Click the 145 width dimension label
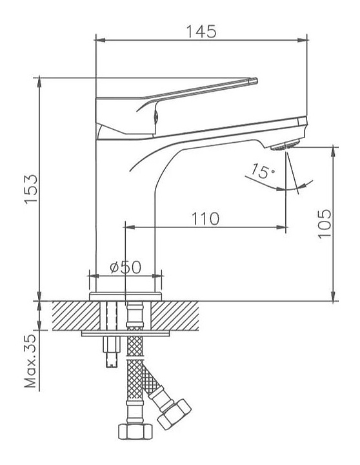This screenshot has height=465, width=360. pyautogui.click(x=201, y=32)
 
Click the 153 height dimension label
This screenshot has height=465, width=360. pyautogui.click(x=32, y=189)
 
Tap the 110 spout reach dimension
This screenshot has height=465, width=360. pyautogui.click(x=205, y=219)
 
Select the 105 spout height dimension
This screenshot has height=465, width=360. pyautogui.click(x=325, y=223)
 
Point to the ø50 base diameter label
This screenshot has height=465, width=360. pyautogui.click(x=125, y=267)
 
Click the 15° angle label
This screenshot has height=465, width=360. pyautogui.click(x=263, y=171)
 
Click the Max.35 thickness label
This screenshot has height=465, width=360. pyautogui.click(x=30, y=361)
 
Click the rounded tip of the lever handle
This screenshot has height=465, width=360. pyautogui.click(x=254, y=81)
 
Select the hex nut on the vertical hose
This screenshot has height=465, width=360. pyautogui.click(x=135, y=431)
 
